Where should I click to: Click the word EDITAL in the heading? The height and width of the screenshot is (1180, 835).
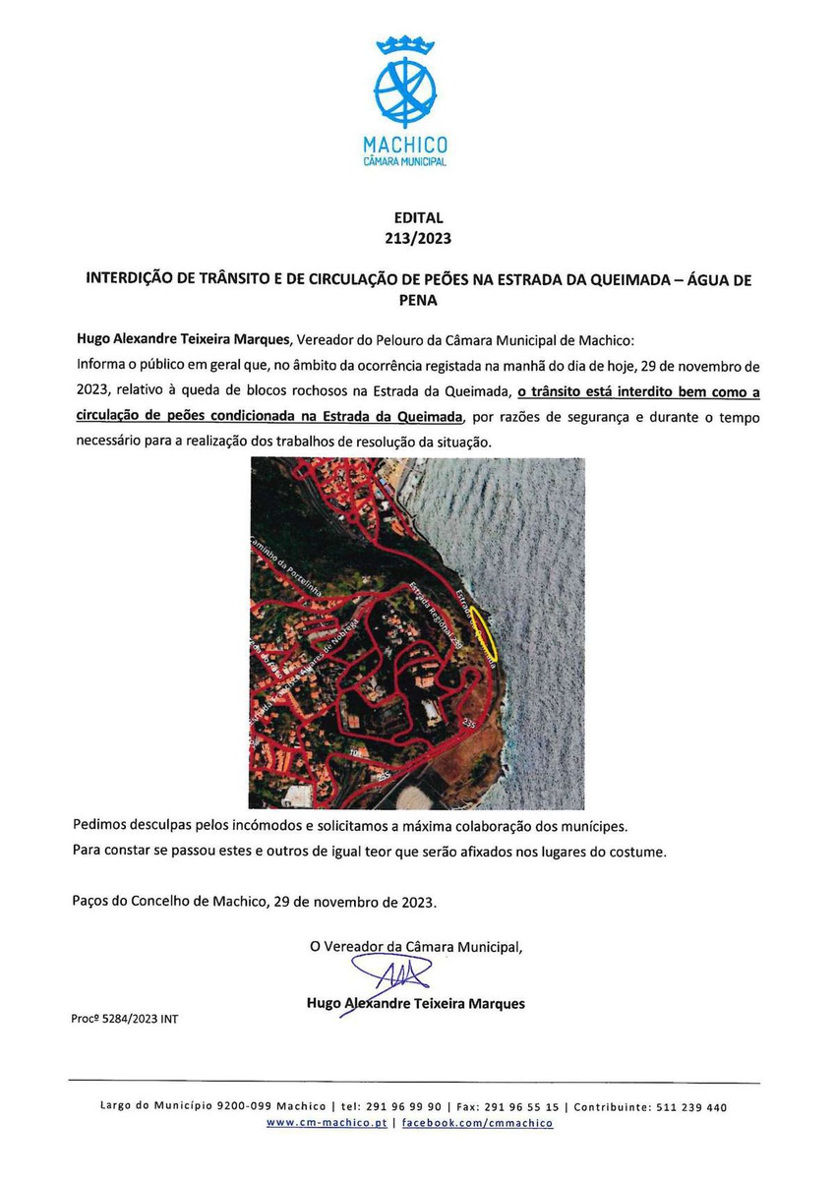(418, 218)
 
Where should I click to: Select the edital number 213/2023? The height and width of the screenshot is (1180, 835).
(418, 238)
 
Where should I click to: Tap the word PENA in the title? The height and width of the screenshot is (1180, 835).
(418, 301)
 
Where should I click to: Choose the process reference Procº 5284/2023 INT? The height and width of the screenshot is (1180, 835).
(125, 1019)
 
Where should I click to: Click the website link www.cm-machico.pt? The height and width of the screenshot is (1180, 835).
(326, 1123)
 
